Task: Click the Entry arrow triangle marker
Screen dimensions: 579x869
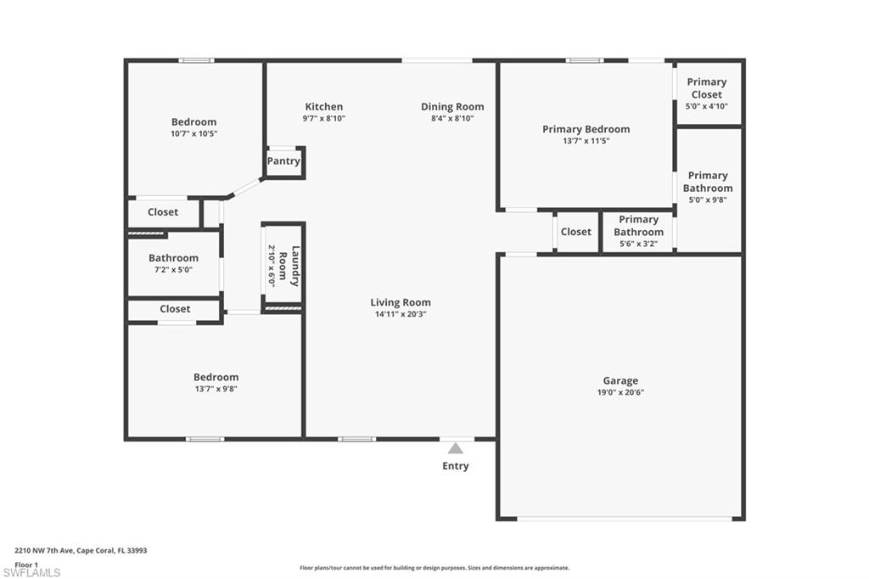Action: pos(456,448)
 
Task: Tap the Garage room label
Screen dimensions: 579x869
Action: pos(620,380)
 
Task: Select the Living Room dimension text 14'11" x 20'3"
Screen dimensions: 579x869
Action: pos(401,314)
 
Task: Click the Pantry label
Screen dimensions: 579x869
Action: pos(283,161)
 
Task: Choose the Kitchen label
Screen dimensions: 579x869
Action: pos(324,107)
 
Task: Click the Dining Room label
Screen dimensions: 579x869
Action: pos(452,107)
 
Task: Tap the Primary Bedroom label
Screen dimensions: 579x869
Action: pos(586,129)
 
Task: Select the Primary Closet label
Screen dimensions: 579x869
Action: pos(707,88)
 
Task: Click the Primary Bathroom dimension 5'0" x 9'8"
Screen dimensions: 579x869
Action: pos(707,200)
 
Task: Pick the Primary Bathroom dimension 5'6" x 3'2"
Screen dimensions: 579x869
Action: pos(638,244)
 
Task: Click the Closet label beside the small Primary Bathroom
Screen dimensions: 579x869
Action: pos(575,232)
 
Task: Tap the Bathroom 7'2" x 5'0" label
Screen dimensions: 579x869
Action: pos(173,258)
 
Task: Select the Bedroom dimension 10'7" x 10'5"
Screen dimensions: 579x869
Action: pos(193,133)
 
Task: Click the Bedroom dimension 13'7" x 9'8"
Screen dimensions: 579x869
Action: pos(216,389)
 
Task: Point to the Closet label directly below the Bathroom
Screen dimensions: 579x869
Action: pos(175,309)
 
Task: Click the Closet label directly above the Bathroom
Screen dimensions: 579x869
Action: pos(163,212)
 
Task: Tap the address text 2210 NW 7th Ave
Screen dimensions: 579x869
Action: pos(50,550)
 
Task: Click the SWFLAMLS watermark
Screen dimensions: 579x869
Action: pos(32,572)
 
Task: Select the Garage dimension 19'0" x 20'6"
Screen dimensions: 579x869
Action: pos(620,392)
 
